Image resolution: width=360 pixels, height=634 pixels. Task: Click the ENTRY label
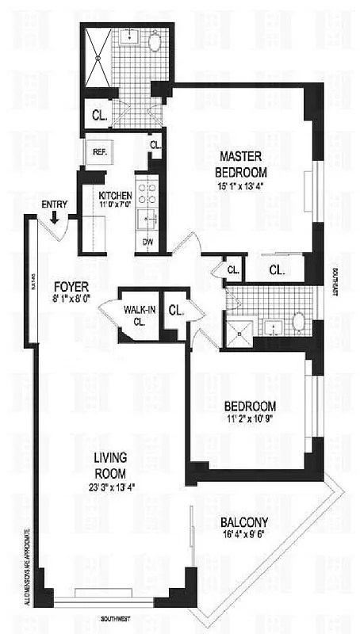[54, 204]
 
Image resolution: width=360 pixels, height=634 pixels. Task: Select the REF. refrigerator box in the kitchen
[99, 151]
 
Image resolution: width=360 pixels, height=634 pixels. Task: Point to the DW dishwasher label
[147, 242]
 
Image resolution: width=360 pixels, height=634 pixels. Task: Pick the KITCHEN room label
[115, 196]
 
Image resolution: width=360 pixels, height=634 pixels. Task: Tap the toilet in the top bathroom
[154, 42]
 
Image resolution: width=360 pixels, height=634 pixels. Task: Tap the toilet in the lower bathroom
[299, 321]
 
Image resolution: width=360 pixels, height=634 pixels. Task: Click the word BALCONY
[244, 522]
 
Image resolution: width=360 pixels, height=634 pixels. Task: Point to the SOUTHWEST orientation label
[115, 617]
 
